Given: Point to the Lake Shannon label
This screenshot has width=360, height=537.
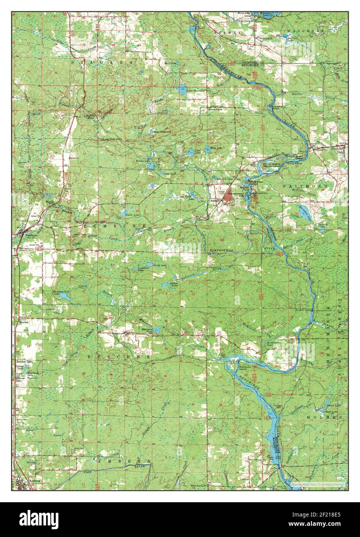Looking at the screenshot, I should pyautogui.click(x=195, y=90).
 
